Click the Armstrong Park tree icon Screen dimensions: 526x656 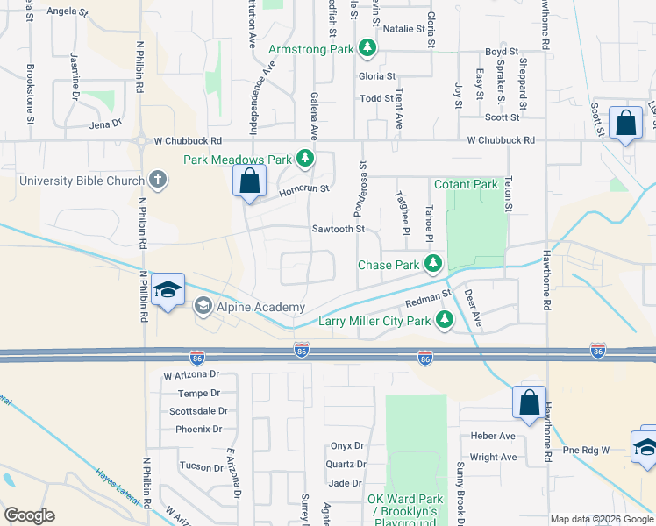point(369,49)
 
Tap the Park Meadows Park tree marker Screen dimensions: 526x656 point(304,159)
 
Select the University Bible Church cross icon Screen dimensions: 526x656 point(158,181)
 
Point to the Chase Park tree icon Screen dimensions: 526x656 point(432,264)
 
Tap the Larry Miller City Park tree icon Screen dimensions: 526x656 point(445,320)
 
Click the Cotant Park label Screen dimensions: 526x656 point(466,185)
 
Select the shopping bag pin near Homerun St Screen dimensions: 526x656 point(249,182)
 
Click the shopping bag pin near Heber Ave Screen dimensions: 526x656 point(530,403)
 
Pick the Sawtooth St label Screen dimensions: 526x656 point(338,229)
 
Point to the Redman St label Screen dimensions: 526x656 point(427,302)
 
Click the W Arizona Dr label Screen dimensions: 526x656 point(192,375)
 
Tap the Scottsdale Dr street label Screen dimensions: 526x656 point(198,410)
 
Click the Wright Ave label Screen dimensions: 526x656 point(493,457)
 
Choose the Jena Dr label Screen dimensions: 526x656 point(105,124)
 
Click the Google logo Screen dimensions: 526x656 point(29,515)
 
